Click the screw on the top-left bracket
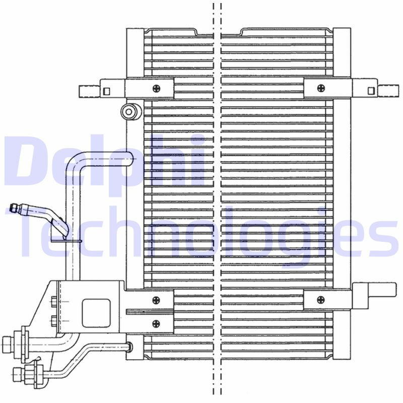pos(156,88)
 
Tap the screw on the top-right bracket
pos(321,88)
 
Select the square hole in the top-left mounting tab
pos(106,91)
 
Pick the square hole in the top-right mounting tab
pos(371,91)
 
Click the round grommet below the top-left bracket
pos(130,111)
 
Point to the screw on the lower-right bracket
pos(321,300)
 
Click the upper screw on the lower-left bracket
pos(156,300)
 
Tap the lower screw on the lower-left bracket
pos(156,323)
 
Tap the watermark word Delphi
pos(103,164)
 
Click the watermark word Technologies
pos(201,237)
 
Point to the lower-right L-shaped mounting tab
pos(375,292)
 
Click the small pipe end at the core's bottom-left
pos(130,347)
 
